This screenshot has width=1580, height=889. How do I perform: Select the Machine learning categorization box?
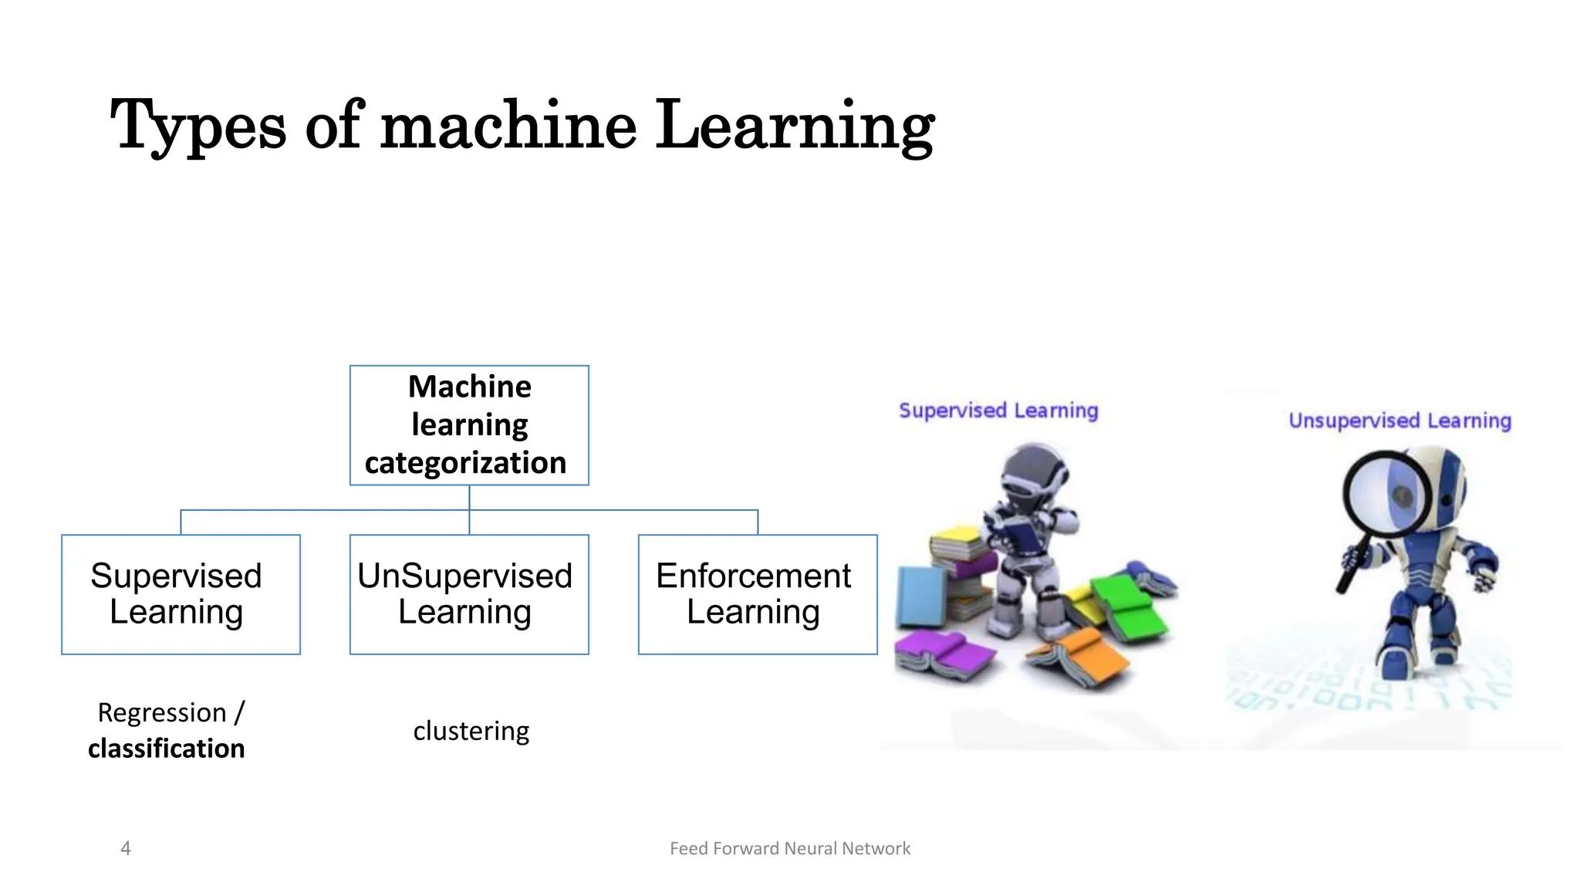(x=469, y=425)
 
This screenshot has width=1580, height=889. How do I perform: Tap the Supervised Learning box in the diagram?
(x=181, y=594)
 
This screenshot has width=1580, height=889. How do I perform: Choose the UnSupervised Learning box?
(x=469, y=594)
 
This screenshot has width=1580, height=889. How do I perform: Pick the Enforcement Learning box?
(x=757, y=594)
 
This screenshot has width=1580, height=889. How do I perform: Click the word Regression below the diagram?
(x=162, y=712)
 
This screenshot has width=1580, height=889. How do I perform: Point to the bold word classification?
(x=166, y=749)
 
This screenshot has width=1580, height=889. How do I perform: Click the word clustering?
(x=471, y=731)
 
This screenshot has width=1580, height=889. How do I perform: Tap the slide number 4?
(x=126, y=848)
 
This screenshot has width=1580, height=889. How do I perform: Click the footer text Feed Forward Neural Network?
(x=790, y=848)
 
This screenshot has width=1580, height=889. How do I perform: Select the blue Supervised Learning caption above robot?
(x=998, y=411)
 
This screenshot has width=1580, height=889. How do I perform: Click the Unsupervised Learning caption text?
(x=1399, y=421)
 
